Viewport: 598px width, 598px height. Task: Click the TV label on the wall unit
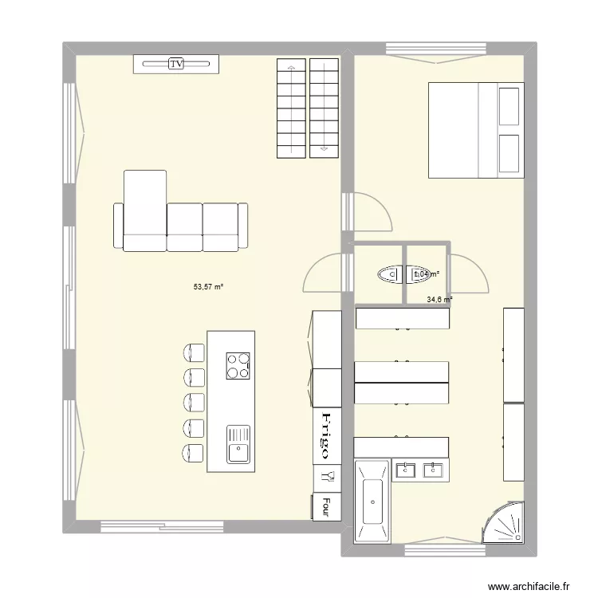point(175,63)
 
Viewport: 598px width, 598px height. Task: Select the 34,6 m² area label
point(439,300)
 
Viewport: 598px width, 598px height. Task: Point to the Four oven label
point(326,506)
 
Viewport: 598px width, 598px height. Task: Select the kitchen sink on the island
point(238,444)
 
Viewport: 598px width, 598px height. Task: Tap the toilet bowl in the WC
point(388,274)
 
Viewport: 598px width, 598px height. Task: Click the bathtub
point(372,502)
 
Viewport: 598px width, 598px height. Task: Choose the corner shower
point(505,524)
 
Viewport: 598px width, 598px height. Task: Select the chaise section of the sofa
point(144,203)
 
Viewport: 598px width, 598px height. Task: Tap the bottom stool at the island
point(193,452)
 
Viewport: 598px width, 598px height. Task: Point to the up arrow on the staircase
point(291,69)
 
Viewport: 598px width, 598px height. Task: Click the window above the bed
point(437,50)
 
